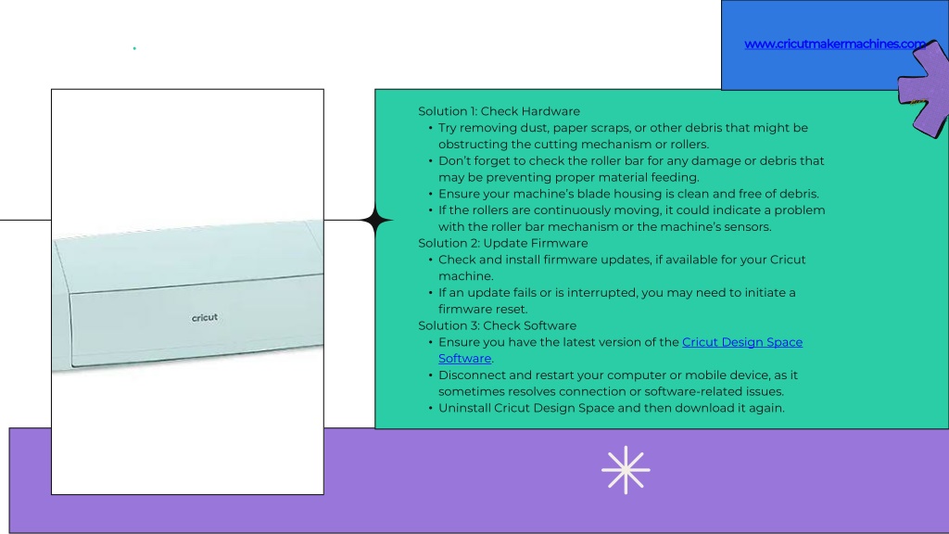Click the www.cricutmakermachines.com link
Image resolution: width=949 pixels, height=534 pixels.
835,44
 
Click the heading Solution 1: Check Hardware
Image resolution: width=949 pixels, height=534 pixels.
499,111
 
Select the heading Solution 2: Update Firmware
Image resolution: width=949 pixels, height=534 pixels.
503,244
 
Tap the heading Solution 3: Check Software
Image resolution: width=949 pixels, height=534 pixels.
497,325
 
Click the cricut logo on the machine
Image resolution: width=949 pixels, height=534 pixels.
205,318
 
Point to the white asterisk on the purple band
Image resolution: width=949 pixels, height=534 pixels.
626,470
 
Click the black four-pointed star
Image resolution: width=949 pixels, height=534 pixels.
376,221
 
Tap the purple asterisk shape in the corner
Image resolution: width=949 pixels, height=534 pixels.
924,88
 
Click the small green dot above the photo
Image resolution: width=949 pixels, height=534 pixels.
134,48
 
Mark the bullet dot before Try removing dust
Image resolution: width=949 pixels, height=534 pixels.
430,128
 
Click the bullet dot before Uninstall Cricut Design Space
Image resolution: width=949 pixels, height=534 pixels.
430,409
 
